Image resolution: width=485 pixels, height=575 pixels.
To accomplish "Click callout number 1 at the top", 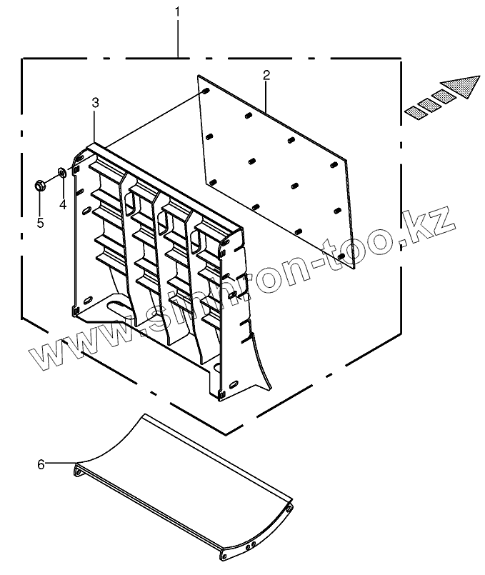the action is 177,12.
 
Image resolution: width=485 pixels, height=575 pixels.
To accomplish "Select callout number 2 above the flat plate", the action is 266,74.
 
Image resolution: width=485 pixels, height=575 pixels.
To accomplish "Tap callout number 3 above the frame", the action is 96,104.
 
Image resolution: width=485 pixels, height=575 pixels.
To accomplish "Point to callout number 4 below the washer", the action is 62,205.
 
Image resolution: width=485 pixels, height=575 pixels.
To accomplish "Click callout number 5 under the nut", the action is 41,223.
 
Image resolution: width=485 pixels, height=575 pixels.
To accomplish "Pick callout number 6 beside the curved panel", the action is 41,465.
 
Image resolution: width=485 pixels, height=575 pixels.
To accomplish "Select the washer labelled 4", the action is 62,172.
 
